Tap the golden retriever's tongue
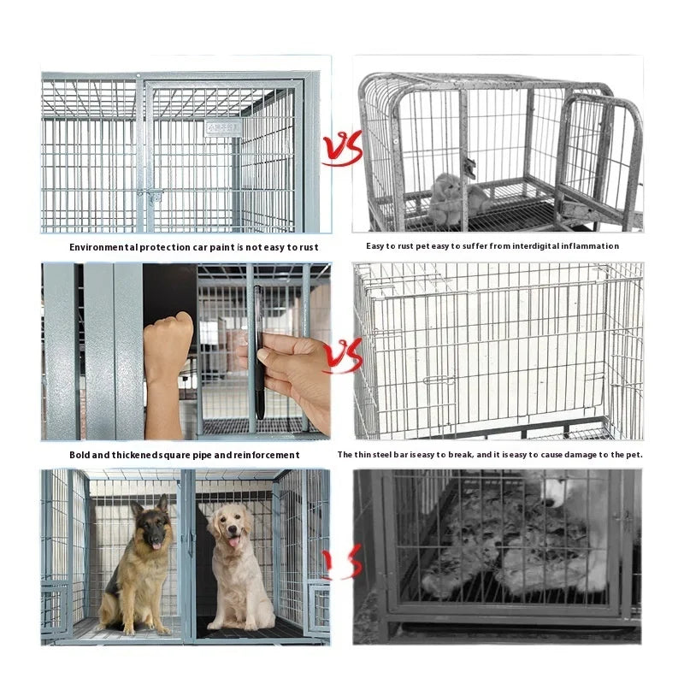(x=232, y=541)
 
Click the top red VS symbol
(x=342, y=149)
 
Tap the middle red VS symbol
(x=343, y=356)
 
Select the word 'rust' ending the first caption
(x=309, y=247)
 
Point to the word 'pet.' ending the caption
(x=632, y=455)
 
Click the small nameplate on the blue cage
(x=221, y=128)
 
